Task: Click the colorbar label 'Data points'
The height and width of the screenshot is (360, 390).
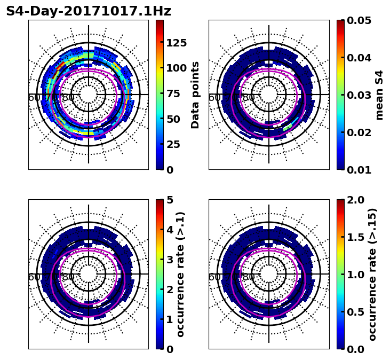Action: [x=195, y=95]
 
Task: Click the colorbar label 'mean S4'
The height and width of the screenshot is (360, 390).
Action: [x=379, y=95]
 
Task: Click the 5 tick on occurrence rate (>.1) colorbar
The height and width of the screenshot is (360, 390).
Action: [x=170, y=200]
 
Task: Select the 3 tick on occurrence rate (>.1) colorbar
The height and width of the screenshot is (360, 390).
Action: [x=170, y=260]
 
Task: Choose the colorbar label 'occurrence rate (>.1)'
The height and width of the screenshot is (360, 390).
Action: [x=180, y=274]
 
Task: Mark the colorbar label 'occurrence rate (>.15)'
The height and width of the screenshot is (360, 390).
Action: [x=372, y=274]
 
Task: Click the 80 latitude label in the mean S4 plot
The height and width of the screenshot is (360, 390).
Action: [x=248, y=98]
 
